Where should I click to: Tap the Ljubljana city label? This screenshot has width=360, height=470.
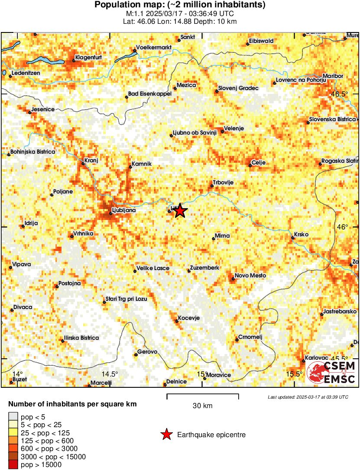pyautogui.click(x=123, y=210)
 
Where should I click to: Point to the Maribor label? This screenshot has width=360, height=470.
pyautogui.click(x=333, y=76)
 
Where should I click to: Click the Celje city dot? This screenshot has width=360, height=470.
pyautogui.click(x=250, y=164)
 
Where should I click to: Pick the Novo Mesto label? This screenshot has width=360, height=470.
pyautogui.click(x=250, y=276)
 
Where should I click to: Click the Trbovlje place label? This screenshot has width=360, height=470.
pyautogui.click(x=224, y=183)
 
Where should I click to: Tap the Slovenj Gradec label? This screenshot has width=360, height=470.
pyautogui.click(x=238, y=88)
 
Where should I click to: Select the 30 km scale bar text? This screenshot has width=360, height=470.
pyautogui.click(x=202, y=406)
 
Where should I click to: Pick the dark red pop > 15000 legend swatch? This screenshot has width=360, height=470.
pyautogui.click(x=13, y=464)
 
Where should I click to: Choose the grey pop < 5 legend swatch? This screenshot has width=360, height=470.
pyautogui.click(x=13, y=417)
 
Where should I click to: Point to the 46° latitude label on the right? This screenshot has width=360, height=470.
pyautogui.click(x=343, y=227)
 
